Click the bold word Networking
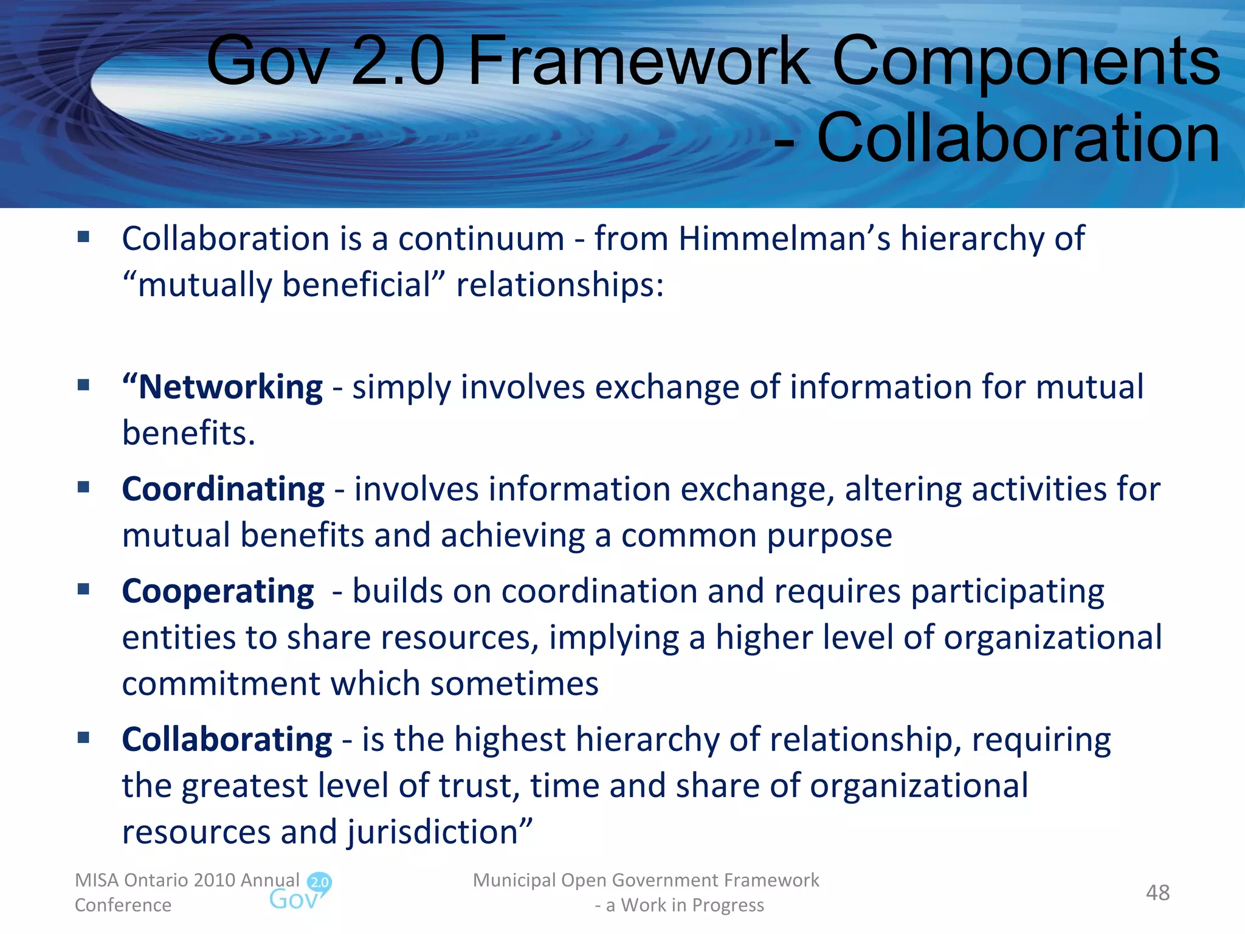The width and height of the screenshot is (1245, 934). pyautogui.click(x=230, y=387)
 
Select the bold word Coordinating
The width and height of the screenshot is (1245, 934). pyautogui.click(x=223, y=489)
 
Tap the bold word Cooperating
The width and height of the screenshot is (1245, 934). pyautogui.click(x=218, y=592)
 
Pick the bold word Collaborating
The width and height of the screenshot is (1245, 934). pyautogui.click(x=227, y=740)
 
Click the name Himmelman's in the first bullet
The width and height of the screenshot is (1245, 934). pyautogui.click(x=784, y=238)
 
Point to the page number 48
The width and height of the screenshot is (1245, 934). pyautogui.click(x=1157, y=893)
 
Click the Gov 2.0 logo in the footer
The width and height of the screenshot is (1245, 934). pyautogui.click(x=300, y=892)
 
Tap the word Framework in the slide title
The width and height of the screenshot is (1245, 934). pyautogui.click(x=638, y=61)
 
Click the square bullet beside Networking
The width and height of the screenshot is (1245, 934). pyautogui.click(x=84, y=385)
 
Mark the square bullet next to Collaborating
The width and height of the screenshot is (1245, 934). pyautogui.click(x=84, y=738)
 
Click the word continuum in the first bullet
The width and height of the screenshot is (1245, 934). pyautogui.click(x=481, y=238)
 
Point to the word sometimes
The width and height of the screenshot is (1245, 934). pyautogui.click(x=514, y=684)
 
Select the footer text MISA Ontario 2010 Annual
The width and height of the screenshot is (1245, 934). pyautogui.click(x=187, y=880)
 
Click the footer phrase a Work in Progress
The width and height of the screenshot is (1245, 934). pyautogui.click(x=685, y=905)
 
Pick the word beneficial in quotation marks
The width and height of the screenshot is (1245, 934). pyautogui.click(x=357, y=285)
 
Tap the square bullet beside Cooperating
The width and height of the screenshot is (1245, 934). pyautogui.click(x=84, y=589)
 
